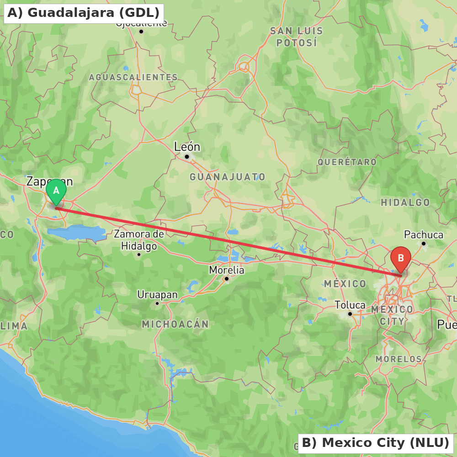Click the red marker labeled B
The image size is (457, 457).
pos(401,259)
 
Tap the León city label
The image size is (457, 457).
pos(187,147)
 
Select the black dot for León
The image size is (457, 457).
pos(186,157)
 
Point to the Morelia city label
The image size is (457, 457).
pos(227,270)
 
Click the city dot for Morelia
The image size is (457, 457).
pos(226,279)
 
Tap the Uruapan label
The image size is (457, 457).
pos(157,295)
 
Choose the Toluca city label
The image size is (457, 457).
pos(350,305)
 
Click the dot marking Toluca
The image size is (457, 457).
pos(350,314)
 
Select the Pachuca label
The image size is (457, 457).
pos(424,235)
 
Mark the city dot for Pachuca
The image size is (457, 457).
pos(424,244)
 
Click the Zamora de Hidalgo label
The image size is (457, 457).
pos(139,240)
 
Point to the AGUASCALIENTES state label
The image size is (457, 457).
pos(133,77)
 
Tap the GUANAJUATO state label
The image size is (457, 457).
pos(228,177)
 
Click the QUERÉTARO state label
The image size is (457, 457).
pos(347,162)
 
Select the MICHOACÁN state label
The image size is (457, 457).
pos(175,324)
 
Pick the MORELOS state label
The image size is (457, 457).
pos(399,359)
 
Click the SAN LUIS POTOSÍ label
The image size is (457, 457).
pos(296,37)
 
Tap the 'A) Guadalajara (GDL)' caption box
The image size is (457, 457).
pos(84,13)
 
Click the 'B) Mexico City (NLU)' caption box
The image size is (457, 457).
pos(375,443)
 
